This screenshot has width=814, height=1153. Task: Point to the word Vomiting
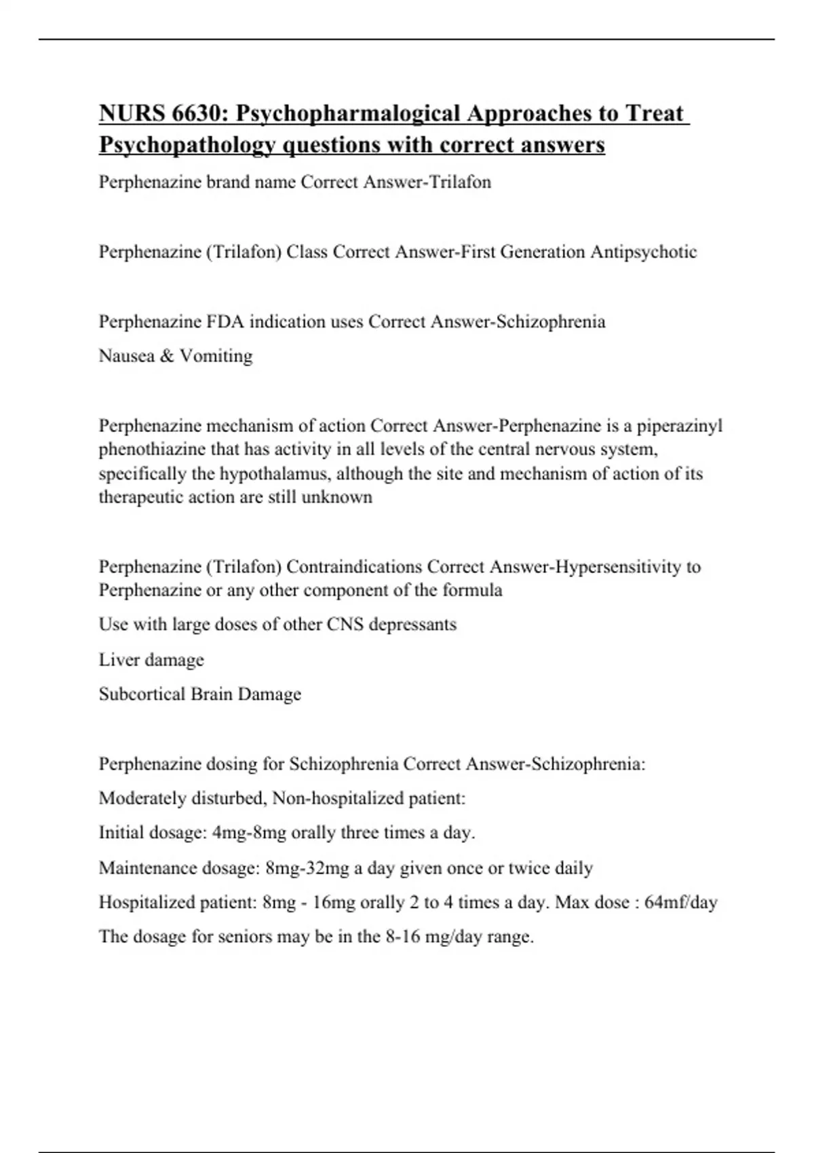[x=216, y=356]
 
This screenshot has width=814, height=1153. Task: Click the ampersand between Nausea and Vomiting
[x=166, y=356]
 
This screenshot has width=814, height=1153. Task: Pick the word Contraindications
[x=355, y=567]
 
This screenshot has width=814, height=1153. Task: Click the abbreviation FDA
[x=225, y=321]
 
